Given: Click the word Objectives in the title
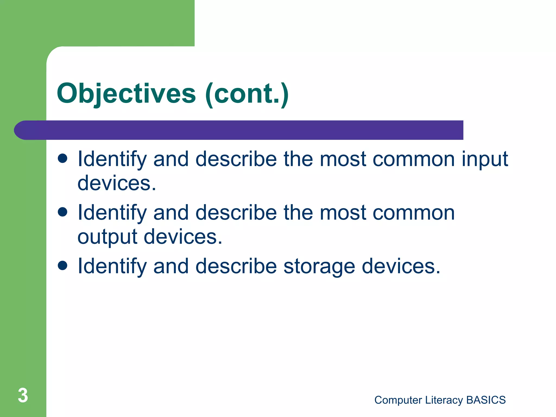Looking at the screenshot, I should click(x=126, y=94).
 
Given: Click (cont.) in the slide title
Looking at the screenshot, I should click(x=247, y=94).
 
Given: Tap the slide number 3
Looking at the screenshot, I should click(x=23, y=395).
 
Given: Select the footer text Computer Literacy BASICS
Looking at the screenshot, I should click(x=440, y=400).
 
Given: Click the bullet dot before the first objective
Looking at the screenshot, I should click(x=63, y=158).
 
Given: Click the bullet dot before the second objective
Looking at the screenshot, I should click(x=63, y=212).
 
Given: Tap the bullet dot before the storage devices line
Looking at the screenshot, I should click(x=63, y=266).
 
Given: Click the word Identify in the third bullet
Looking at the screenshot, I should click(x=112, y=266).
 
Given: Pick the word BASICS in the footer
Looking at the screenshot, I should click(x=486, y=400).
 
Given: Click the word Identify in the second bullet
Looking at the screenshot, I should click(x=112, y=213).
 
